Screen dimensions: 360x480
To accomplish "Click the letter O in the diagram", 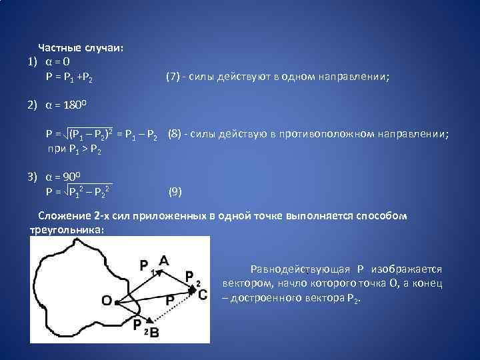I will (x=107, y=301).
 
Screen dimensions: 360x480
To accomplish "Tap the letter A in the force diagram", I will (x=163, y=261).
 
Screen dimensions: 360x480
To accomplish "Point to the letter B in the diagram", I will (x=155, y=331).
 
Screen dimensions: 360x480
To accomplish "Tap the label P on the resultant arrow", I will (x=170, y=301).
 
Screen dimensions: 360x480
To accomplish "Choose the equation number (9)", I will (x=175, y=192).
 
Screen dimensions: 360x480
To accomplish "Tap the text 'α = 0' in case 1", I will (x=58, y=63).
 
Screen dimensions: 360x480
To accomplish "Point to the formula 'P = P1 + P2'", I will (x=69, y=78).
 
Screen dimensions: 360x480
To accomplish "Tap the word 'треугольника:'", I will (x=67, y=229).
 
